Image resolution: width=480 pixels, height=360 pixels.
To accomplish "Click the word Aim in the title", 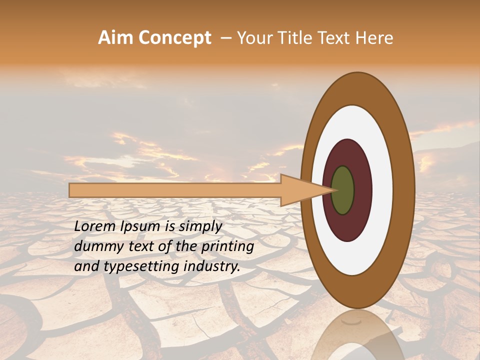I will coord(116,38).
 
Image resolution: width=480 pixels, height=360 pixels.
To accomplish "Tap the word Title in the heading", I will coord(289,38).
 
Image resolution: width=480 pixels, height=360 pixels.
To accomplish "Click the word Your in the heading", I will coord(252,38).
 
